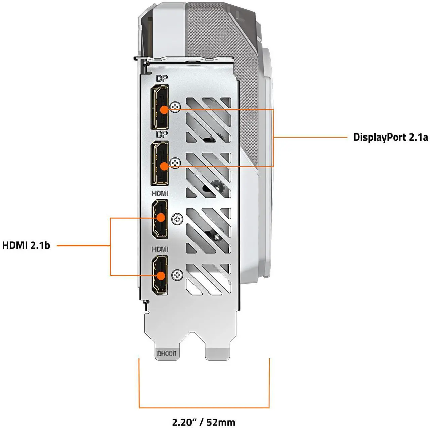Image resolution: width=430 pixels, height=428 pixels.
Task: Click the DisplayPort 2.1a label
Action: (391, 137)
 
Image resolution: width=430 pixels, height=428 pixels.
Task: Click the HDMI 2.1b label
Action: (26, 245)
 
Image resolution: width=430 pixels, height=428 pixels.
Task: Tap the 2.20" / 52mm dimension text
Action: (204, 422)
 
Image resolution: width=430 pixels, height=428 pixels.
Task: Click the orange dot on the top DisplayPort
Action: (164, 110)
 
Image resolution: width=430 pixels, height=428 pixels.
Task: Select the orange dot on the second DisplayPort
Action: (164, 166)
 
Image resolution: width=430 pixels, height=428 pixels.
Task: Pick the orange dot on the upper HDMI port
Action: (161, 218)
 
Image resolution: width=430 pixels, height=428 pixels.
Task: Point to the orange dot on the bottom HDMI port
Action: (161, 276)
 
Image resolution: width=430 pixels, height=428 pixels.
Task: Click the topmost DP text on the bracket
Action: (162, 79)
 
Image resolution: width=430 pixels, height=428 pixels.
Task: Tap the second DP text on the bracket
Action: (162, 135)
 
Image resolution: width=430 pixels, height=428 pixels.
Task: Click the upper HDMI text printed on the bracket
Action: (160, 194)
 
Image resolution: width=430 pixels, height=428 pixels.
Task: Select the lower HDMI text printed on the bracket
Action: (160, 249)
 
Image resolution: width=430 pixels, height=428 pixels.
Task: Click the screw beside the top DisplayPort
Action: (175, 107)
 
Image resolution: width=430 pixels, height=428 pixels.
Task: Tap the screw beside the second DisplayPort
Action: (175, 163)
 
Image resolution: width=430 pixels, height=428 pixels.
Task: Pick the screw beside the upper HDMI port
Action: (177, 220)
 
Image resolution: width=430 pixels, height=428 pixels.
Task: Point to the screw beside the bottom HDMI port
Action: (177, 275)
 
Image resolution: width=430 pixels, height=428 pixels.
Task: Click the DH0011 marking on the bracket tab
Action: (167, 354)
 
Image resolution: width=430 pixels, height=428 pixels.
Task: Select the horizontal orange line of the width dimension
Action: (204, 408)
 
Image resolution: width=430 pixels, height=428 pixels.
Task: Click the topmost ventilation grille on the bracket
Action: (208, 120)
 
